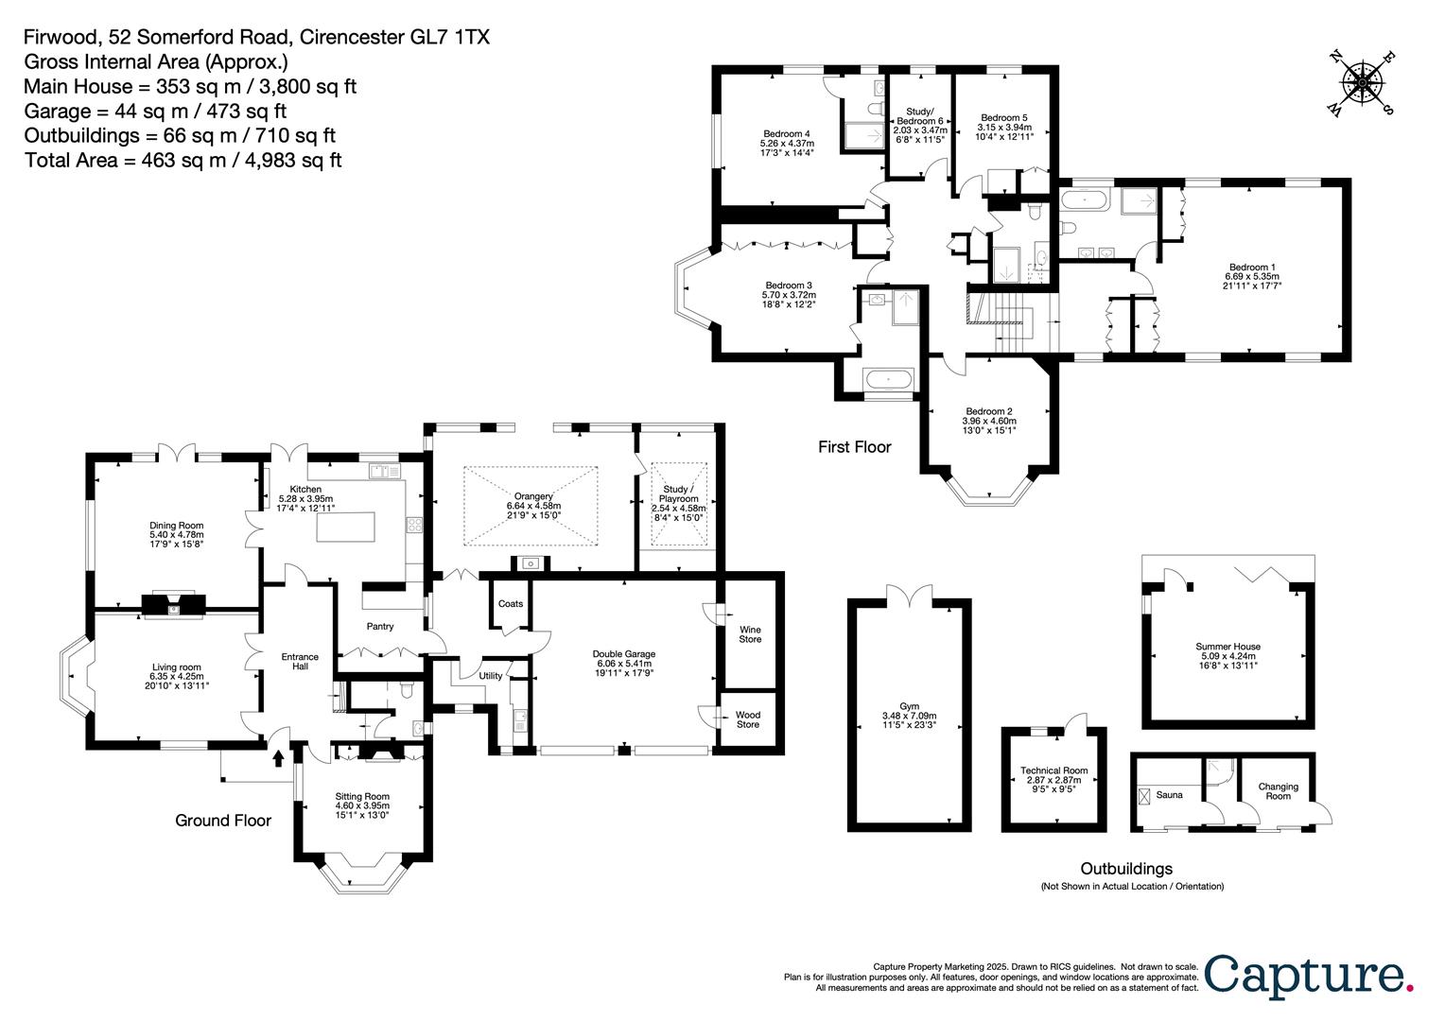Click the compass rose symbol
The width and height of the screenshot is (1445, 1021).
[1361, 84]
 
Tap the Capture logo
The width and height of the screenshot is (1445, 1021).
[1310, 974]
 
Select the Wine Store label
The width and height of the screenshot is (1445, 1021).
[750, 634]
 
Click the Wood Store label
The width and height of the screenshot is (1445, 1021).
[747, 719]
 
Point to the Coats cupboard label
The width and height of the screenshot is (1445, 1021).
[511, 604]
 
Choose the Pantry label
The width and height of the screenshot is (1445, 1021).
[380, 627]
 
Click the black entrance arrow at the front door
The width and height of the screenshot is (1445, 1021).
[278, 757]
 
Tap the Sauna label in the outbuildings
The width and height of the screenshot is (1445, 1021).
[1169, 795]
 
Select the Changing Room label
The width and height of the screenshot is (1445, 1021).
[1278, 791]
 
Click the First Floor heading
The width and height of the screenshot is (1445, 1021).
[854, 447]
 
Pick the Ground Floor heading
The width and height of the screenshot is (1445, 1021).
[223, 821]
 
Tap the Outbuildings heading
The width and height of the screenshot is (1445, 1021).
[1126, 868]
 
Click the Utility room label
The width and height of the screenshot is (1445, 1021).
[490, 676]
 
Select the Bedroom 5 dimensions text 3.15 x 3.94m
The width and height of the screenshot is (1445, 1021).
[1004, 128]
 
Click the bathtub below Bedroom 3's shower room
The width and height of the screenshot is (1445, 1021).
[887, 381]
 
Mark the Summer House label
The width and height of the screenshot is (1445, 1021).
[1227, 647]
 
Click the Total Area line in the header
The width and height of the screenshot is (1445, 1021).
[183, 160]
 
